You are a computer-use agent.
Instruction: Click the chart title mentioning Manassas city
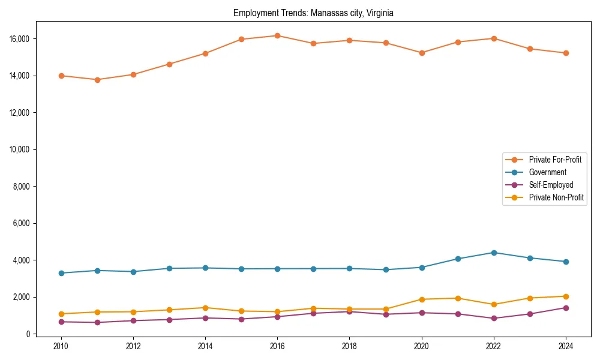pyautogui.click(x=313, y=13)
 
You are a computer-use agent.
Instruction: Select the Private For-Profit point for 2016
pyautogui.click(x=277, y=35)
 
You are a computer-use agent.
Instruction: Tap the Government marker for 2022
pyautogui.click(x=494, y=253)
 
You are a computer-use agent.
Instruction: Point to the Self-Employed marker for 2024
pyautogui.click(x=566, y=308)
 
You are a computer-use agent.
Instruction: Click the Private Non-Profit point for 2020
pyautogui.click(x=422, y=299)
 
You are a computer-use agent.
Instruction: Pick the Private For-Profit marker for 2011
pyautogui.click(x=97, y=80)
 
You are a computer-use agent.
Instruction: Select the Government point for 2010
pyautogui.click(x=61, y=273)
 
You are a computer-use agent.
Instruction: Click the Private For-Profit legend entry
pyautogui.click(x=554, y=160)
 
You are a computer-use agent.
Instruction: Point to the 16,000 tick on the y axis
pyautogui.click(x=19, y=39)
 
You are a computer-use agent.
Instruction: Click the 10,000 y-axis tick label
pyautogui.click(x=19, y=149)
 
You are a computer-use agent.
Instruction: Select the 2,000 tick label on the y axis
pyautogui.click(x=21, y=297)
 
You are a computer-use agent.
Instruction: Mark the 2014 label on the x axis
pyautogui.click(x=205, y=346)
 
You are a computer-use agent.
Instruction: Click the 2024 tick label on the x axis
pyautogui.click(x=566, y=346)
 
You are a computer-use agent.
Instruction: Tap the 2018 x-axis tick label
pyautogui.click(x=349, y=346)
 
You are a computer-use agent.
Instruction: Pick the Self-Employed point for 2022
pyautogui.click(x=494, y=319)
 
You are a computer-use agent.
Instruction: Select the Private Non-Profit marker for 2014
pyautogui.click(x=205, y=308)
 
